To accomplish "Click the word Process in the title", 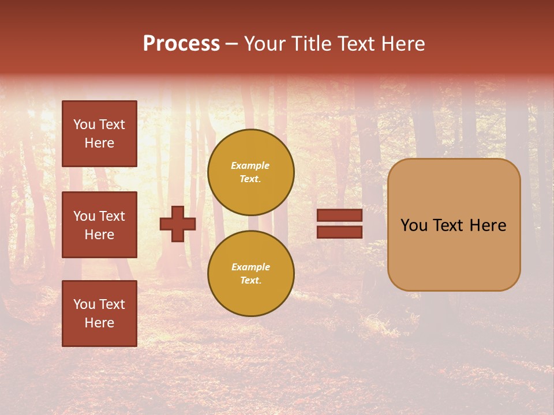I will [x=181, y=44].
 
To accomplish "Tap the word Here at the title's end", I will [x=402, y=44].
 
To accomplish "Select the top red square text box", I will [x=99, y=134].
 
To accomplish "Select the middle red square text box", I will [x=99, y=225].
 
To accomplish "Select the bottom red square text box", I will [x=99, y=314].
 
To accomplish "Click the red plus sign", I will [x=178, y=224].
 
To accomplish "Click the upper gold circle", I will [x=251, y=172].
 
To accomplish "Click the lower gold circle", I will [x=251, y=274].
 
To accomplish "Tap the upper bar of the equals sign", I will [x=339, y=216].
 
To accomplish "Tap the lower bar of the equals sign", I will [x=339, y=232].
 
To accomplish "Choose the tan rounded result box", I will [x=454, y=225].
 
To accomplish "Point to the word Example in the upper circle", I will [x=250, y=166].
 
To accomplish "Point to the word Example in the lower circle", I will [x=250, y=267].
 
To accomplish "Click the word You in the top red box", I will [x=84, y=124].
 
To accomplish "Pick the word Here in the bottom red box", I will [x=99, y=323].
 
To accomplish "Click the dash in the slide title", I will [x=232, y=44].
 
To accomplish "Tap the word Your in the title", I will [x=264, y=44].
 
